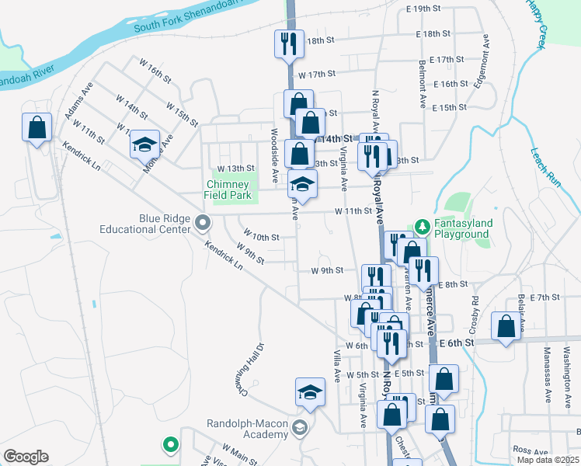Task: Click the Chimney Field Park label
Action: click(x=227, y=190)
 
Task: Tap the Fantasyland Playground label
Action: click(x=462, y=228)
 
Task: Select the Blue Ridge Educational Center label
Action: click(x=154, y=224)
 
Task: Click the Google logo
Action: click(x=26, y=457)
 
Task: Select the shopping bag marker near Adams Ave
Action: click(x=37, y=127)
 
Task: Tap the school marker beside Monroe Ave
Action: click(x=144, y=144)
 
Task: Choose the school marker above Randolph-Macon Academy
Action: click(x=310, y=393)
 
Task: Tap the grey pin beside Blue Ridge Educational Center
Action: click(x=203, y=224)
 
